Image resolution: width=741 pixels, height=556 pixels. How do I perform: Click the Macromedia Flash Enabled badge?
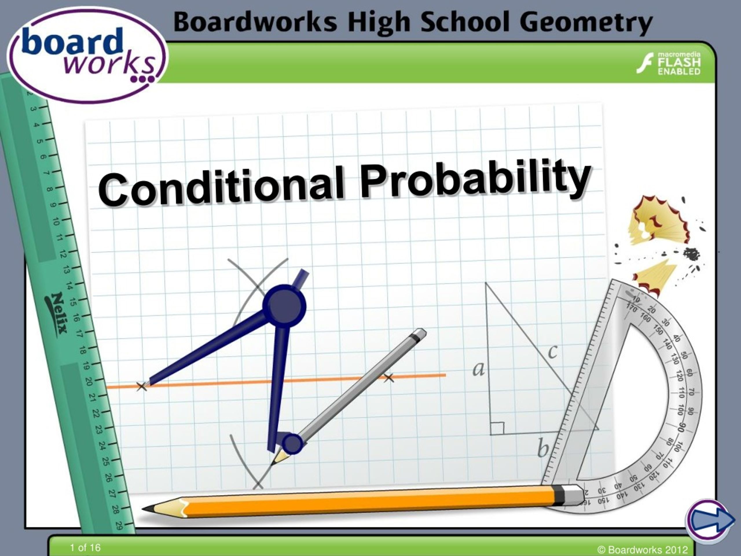[x=669, y=63]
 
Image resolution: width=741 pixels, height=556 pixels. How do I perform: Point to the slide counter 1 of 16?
[x=85, y=548]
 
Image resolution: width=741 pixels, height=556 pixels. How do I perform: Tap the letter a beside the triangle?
[x=479, y=369]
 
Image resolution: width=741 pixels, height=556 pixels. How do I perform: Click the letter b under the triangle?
[x=543, y=448]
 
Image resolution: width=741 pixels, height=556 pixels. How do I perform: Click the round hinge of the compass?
[x=284, y=306]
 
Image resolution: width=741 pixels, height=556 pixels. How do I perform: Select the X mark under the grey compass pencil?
[x=388, y=378]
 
